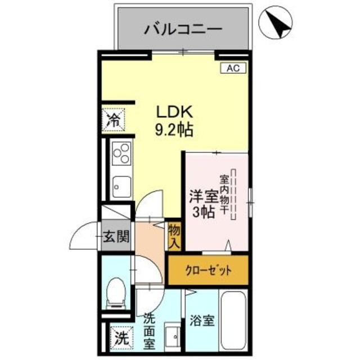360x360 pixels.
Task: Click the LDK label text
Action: [x=174, y=111]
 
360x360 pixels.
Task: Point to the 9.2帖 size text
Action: [x=174, y=130]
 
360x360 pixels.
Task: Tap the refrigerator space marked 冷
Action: [x=114, y=119]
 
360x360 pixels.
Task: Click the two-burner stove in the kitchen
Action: [x=121, y=152]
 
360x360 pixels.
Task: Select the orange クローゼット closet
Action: [x=208, y=270]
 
